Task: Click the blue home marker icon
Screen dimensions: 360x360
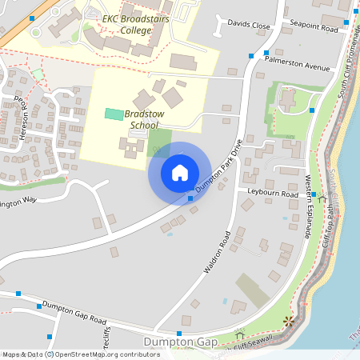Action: click(x=180, y=173)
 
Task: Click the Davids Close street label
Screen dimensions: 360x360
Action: click(x=250, y=25)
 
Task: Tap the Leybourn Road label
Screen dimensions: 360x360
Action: click(x=273, y=194)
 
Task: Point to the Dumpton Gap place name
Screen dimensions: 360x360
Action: click(x=180, y=342)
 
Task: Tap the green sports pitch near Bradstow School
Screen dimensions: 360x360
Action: click(x=114, y=114)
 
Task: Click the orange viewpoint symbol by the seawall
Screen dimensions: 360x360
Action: click(x=289, y=321)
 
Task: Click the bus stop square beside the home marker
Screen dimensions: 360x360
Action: click(x=190, y=198)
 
